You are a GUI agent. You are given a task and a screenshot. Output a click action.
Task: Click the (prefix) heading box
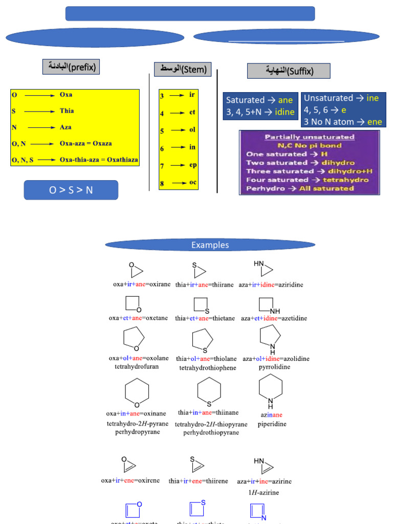[71, 67]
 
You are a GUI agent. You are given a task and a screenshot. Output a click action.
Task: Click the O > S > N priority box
[71, 190]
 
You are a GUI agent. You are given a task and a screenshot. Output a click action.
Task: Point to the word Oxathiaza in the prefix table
[120, 160]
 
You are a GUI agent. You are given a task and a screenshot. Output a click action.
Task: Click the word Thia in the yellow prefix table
[67, 110]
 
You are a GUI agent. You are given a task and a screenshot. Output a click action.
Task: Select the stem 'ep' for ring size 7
[192, 165]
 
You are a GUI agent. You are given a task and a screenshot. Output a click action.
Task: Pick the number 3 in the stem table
[162, 96]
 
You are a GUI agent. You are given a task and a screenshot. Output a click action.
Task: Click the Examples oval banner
[210, 245]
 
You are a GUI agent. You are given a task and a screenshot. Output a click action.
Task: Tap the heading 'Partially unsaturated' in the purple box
[309, 137]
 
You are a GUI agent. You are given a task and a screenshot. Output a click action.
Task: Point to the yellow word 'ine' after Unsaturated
[373, 98]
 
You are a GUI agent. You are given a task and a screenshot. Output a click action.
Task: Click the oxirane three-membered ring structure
[135, 270]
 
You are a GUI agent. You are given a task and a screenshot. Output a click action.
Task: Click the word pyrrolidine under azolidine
[274, 367]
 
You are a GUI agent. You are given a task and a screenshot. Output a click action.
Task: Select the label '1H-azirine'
[265, 493]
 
